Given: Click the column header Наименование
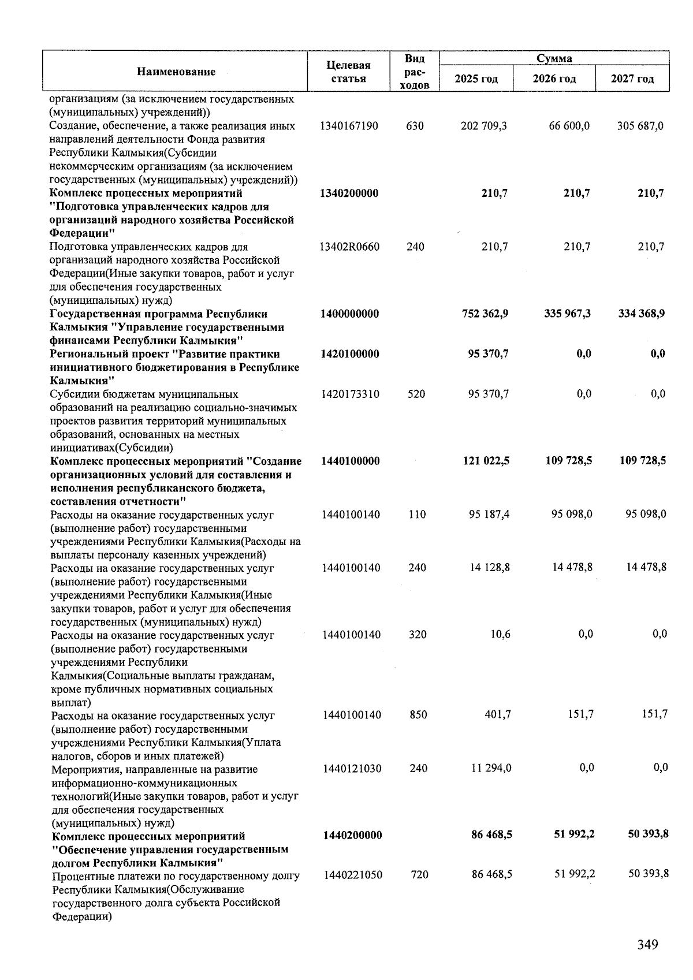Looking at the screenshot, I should click(x=176, y=72).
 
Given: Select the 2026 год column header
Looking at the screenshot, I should click(x=554, y=79).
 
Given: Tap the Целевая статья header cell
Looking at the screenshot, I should click(x=348, y=72).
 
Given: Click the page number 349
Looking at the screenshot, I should click(x=647, y=944).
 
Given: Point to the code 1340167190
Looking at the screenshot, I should click(x=349, y=126).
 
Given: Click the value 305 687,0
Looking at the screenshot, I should click(x=640, y=126).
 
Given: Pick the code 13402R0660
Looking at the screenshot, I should click(x=349, y=247).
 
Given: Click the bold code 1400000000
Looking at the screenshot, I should click(x=349, y=314).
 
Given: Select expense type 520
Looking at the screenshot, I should click(x=416, y=394).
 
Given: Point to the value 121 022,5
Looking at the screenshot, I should click(x=486, y=461).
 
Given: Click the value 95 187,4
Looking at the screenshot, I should click(x=489, y=514).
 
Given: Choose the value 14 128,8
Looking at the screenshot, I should click(x=489, y=568).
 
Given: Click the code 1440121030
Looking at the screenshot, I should click(x=352, y=769).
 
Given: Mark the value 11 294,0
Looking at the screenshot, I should click(x=491, y=769).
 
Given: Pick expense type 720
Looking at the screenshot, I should click(x=419, y=875).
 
